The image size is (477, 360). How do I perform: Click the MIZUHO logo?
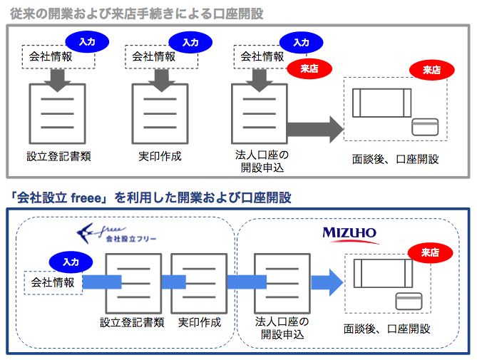pos(349,234)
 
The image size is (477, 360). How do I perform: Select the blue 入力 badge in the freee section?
pos(70,262)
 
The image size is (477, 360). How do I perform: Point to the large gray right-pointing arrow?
pos(314,129)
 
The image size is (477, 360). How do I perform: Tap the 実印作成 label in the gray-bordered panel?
pos(160,156)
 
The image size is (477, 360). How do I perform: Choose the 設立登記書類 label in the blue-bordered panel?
pos(132,322)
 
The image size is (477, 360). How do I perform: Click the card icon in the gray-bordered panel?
pos(426,127)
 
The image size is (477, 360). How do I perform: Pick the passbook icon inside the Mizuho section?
pos(382,273)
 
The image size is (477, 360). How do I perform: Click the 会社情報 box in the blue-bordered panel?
pos(53,282)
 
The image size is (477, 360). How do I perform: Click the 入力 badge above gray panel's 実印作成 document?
pos(190,42)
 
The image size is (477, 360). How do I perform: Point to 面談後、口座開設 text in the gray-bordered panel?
pos(395,159)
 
